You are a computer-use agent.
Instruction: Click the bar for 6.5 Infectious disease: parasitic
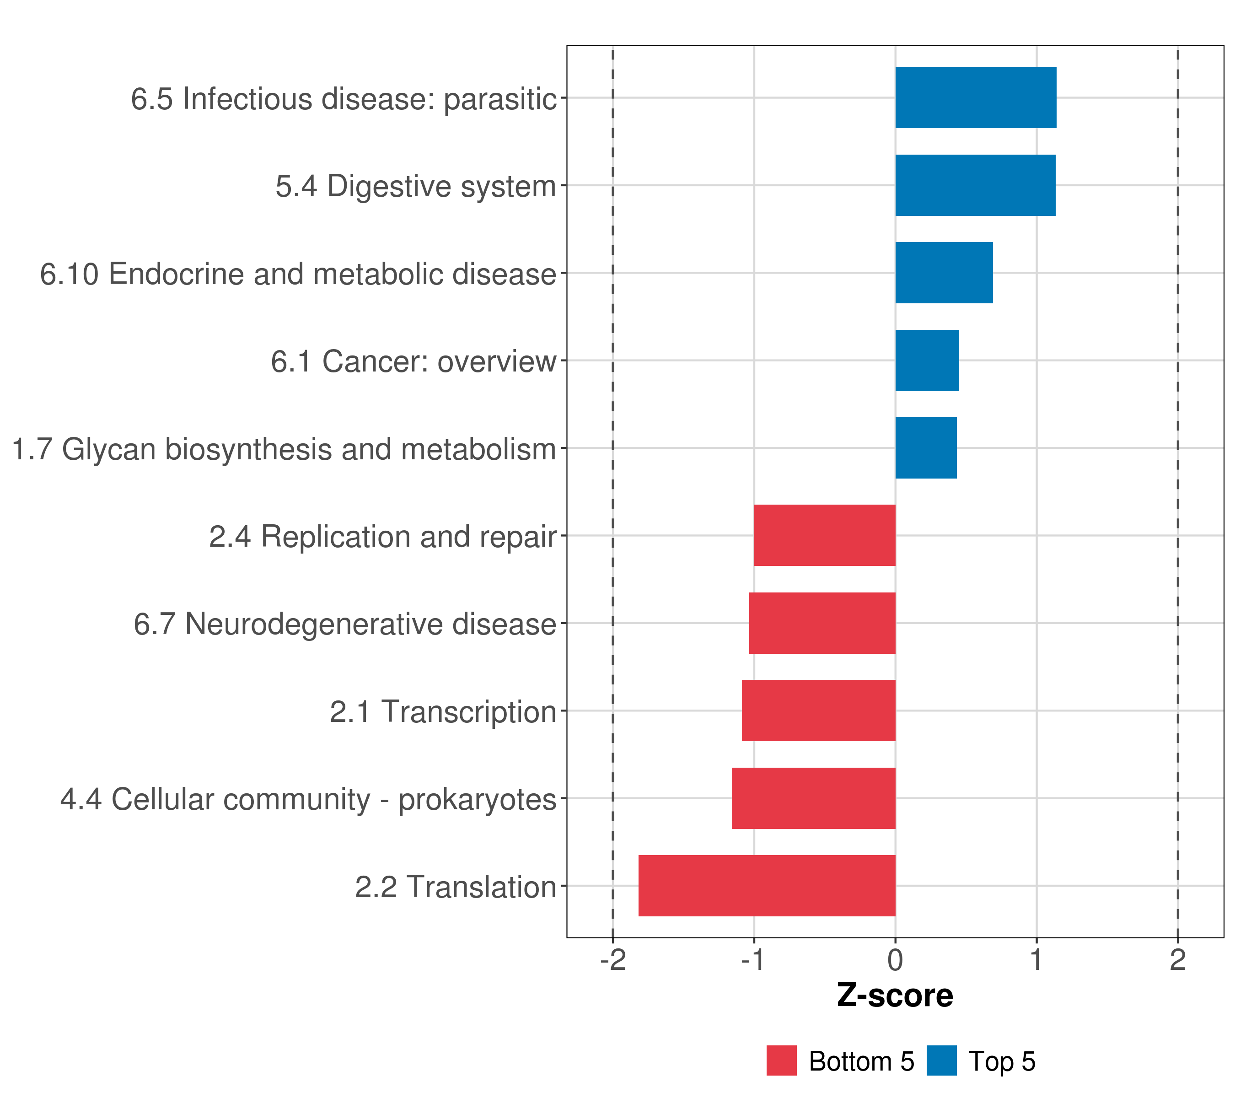point(975,98)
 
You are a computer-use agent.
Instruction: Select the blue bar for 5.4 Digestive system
point(975,186)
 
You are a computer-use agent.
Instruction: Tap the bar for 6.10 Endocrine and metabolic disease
point(944,273)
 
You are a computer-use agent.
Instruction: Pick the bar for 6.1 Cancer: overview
point(927,361)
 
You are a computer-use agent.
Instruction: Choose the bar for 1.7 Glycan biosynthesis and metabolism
point(926,448)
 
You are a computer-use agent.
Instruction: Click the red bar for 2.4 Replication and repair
point(825,535)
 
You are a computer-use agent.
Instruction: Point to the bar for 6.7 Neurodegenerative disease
point(822,623)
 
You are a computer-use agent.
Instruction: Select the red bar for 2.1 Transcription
point(819,710)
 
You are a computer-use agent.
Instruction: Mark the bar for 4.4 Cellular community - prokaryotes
point(813,798)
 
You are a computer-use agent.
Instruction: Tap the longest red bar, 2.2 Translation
point(767,886)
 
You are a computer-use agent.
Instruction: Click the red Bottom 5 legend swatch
point(781,1061)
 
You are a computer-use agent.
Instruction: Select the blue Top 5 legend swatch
point(941,1061)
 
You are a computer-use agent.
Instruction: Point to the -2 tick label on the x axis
point(612,960)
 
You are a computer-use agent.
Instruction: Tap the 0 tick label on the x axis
point(896,960)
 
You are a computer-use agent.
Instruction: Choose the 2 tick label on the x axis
point(1178,960)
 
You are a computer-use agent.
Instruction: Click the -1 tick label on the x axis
point(754,960)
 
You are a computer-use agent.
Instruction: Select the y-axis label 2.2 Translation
point(456,887)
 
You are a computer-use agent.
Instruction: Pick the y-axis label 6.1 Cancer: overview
point(413,362)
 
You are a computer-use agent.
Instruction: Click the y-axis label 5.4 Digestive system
point(416,187)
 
